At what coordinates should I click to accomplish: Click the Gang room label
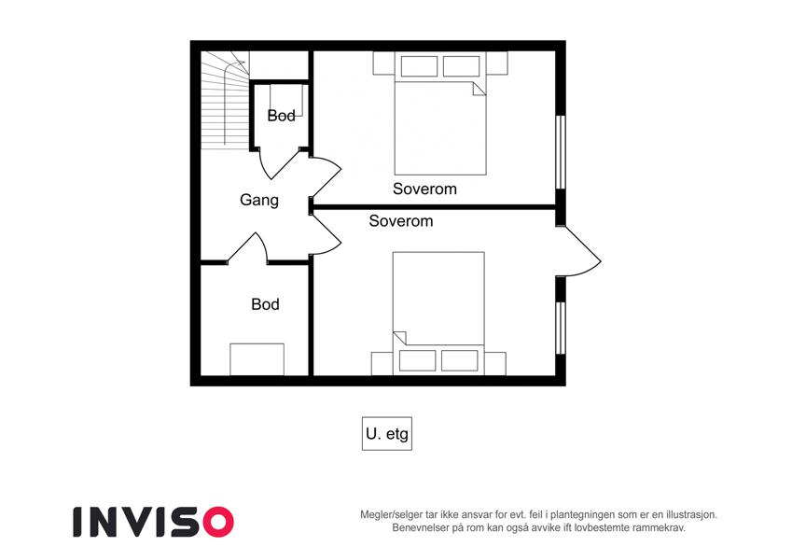(259, 200)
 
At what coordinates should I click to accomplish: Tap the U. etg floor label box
(387, 434)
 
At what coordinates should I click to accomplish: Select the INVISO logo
(154, 522)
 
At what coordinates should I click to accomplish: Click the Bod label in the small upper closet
(282, 116)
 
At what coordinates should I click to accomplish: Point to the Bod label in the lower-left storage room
(265, 304)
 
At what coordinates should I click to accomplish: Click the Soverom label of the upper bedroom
(424, 189)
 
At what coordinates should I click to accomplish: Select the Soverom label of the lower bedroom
(401, 221)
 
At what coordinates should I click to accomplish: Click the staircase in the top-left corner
(225, 100)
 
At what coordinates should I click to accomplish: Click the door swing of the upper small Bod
(279, 163)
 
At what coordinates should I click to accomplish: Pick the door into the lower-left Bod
(247, 248)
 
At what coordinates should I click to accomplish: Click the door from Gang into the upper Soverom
(327, 177)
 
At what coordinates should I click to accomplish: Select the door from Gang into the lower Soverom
(327, 234)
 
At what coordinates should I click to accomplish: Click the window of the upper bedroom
(560, 151)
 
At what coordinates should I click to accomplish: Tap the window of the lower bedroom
(560, 328)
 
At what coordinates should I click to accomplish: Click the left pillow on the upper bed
(419, 66)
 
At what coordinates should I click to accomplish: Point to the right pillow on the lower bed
(460, 360)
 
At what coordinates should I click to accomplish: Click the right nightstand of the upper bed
(497, 63)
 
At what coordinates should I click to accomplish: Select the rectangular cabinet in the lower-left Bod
(257, 359)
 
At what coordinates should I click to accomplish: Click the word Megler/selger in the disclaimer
(388, 515)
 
